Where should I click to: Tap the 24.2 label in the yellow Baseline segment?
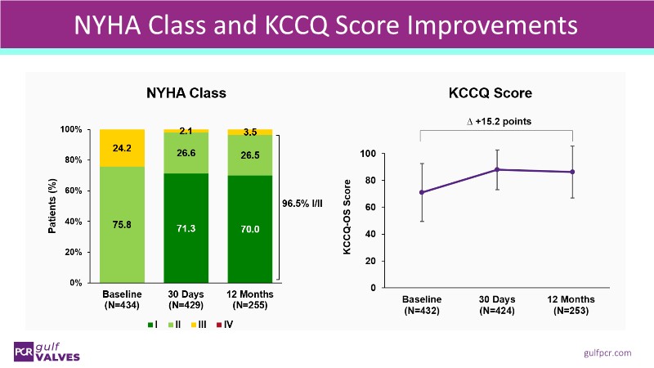(122, 150)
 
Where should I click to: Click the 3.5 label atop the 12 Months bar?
(250, 131)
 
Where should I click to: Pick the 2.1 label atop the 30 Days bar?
(186, 131)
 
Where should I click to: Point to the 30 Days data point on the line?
(497, 170)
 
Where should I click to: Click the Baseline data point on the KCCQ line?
(422, 192)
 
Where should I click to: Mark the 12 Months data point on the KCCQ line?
(572, 172)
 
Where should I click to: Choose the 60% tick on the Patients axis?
(72, 191)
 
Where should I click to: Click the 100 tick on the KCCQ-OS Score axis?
(367, 154)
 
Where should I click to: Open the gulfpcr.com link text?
(607, 352)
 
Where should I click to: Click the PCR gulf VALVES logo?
(49, 350)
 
